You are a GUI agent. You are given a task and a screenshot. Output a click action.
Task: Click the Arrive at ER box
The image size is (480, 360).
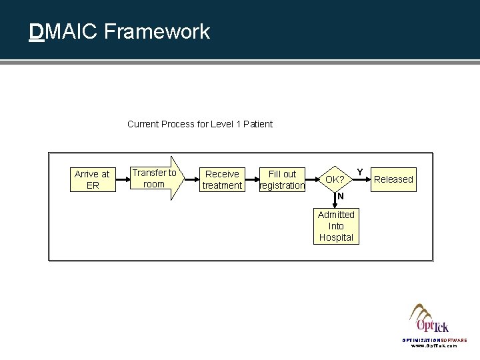point(92,179)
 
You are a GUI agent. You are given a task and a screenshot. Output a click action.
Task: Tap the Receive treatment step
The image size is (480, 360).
point(221,179)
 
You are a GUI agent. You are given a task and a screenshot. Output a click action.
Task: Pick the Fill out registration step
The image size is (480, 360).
point(282,179)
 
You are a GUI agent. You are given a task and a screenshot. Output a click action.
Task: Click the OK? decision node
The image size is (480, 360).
point(335,179)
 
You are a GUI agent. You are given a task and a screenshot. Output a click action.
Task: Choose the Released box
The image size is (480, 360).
point(393,179)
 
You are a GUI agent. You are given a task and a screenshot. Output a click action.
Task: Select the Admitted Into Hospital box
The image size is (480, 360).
point(336,226)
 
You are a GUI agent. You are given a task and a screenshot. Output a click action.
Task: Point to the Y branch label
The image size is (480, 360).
point(360,172)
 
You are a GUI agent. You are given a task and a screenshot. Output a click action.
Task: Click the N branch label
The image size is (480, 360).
point(340,197)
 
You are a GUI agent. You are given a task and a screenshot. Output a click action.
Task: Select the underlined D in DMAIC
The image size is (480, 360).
point(37,31)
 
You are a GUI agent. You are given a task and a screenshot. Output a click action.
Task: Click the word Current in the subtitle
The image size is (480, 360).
point(143,124)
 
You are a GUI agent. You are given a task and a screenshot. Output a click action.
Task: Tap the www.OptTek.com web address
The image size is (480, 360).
point(434,347)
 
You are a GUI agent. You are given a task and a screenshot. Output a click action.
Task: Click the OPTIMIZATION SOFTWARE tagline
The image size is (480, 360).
point(434,340)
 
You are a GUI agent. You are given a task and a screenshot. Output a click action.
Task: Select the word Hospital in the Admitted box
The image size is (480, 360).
point(336,237)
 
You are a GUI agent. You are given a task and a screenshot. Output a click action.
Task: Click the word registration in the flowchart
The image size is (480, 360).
point(282,185)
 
